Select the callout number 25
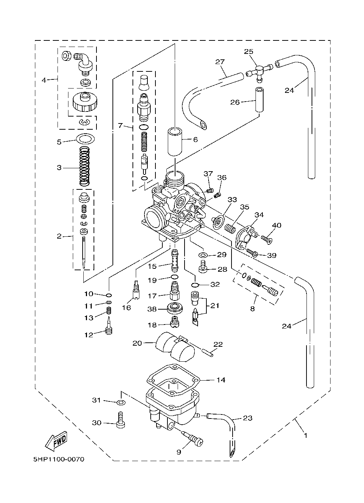(x=249, y=51)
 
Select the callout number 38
(x=152, y=309)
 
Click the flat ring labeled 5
(x=85, y=138)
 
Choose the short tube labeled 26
(x=259, y=100)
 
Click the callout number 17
(x=152, y=296)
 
